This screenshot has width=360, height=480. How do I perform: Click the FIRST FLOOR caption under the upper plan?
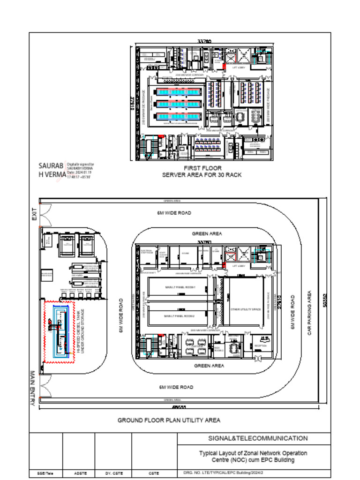[x=202, y=168]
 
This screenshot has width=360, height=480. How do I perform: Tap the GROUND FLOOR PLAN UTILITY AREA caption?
[x=169, y=420]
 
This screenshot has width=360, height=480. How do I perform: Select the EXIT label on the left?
[x=35, y=215]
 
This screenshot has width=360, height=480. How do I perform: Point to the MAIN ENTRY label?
[x=33, y=388]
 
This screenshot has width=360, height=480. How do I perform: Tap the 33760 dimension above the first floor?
[x=204, y=42]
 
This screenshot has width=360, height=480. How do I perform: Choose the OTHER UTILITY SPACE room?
[x=246, y=309]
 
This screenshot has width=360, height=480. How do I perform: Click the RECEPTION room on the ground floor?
[x=261, y=345]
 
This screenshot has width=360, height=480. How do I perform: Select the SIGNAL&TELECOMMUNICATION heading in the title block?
[x=258, y=438]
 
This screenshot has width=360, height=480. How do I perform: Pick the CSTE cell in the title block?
[x=154, y=473]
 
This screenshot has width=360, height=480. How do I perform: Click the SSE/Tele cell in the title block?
[x=45, y=473]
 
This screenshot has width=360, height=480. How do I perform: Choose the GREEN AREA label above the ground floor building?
[x=207, y=233]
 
